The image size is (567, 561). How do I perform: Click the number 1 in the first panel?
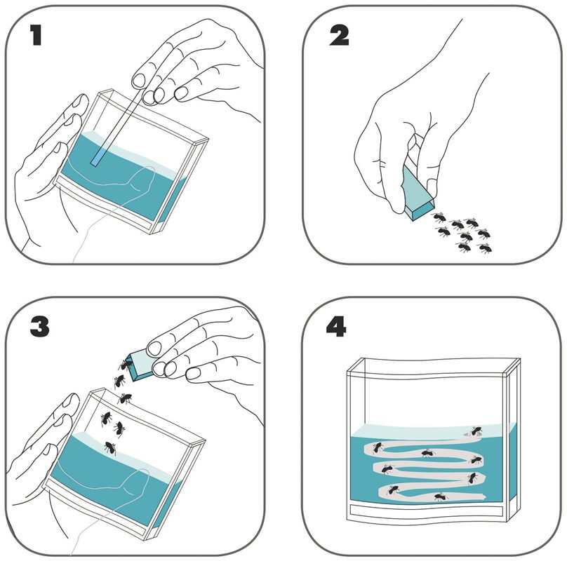pos(36,35)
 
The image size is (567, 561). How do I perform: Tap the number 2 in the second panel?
pos(339,36)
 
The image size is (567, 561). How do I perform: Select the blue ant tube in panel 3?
pos(141,365)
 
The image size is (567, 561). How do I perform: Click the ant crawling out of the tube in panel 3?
pos(125,363)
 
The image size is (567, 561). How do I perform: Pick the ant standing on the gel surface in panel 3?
pos(110,448)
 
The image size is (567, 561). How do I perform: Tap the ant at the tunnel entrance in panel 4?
pos(476,431)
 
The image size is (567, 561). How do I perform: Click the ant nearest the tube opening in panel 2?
pos(439,217)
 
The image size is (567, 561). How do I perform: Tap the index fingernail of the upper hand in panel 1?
pos(138,81)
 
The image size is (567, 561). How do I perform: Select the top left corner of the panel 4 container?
pos(347,372)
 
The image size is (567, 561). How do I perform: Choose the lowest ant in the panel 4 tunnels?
pos(441,497)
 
